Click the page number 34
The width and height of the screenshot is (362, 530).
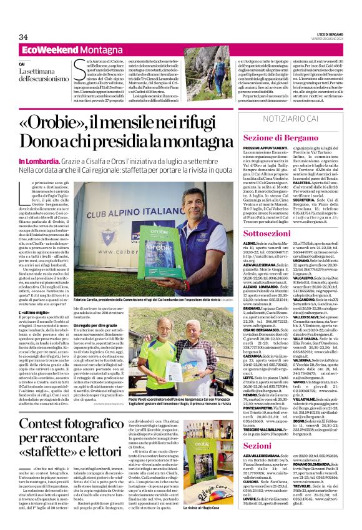pyautogui.click(x=23, y=37)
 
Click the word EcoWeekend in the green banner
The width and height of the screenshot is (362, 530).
pyautogui.click(x=46, y=49)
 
